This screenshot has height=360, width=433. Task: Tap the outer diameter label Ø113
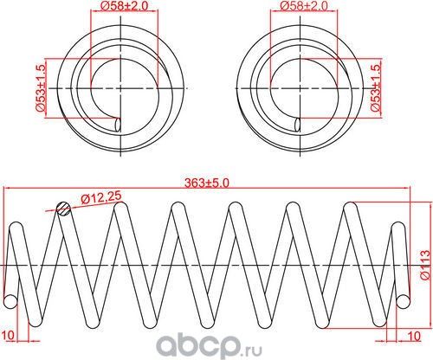click(x=424, y=262)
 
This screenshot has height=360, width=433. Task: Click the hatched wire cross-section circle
click(x=61, y=208)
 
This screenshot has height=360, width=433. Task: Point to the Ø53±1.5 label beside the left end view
click(x=40, y=89)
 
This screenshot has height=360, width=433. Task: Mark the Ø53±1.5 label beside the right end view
click(x=375, y=89)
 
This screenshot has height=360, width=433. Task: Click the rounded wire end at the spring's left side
click(x=10, y=299)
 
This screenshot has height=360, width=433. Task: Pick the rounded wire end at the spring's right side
click(x=404, y=299)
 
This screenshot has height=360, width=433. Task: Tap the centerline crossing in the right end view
click(x=299, y=88)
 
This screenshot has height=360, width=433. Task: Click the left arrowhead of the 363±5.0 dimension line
click(x=7, y=190)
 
